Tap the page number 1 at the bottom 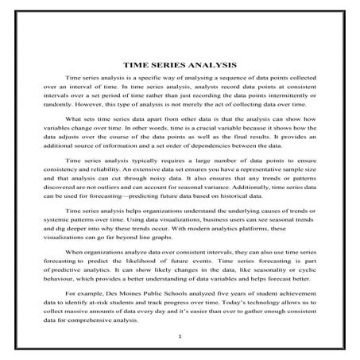click(180, 336)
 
